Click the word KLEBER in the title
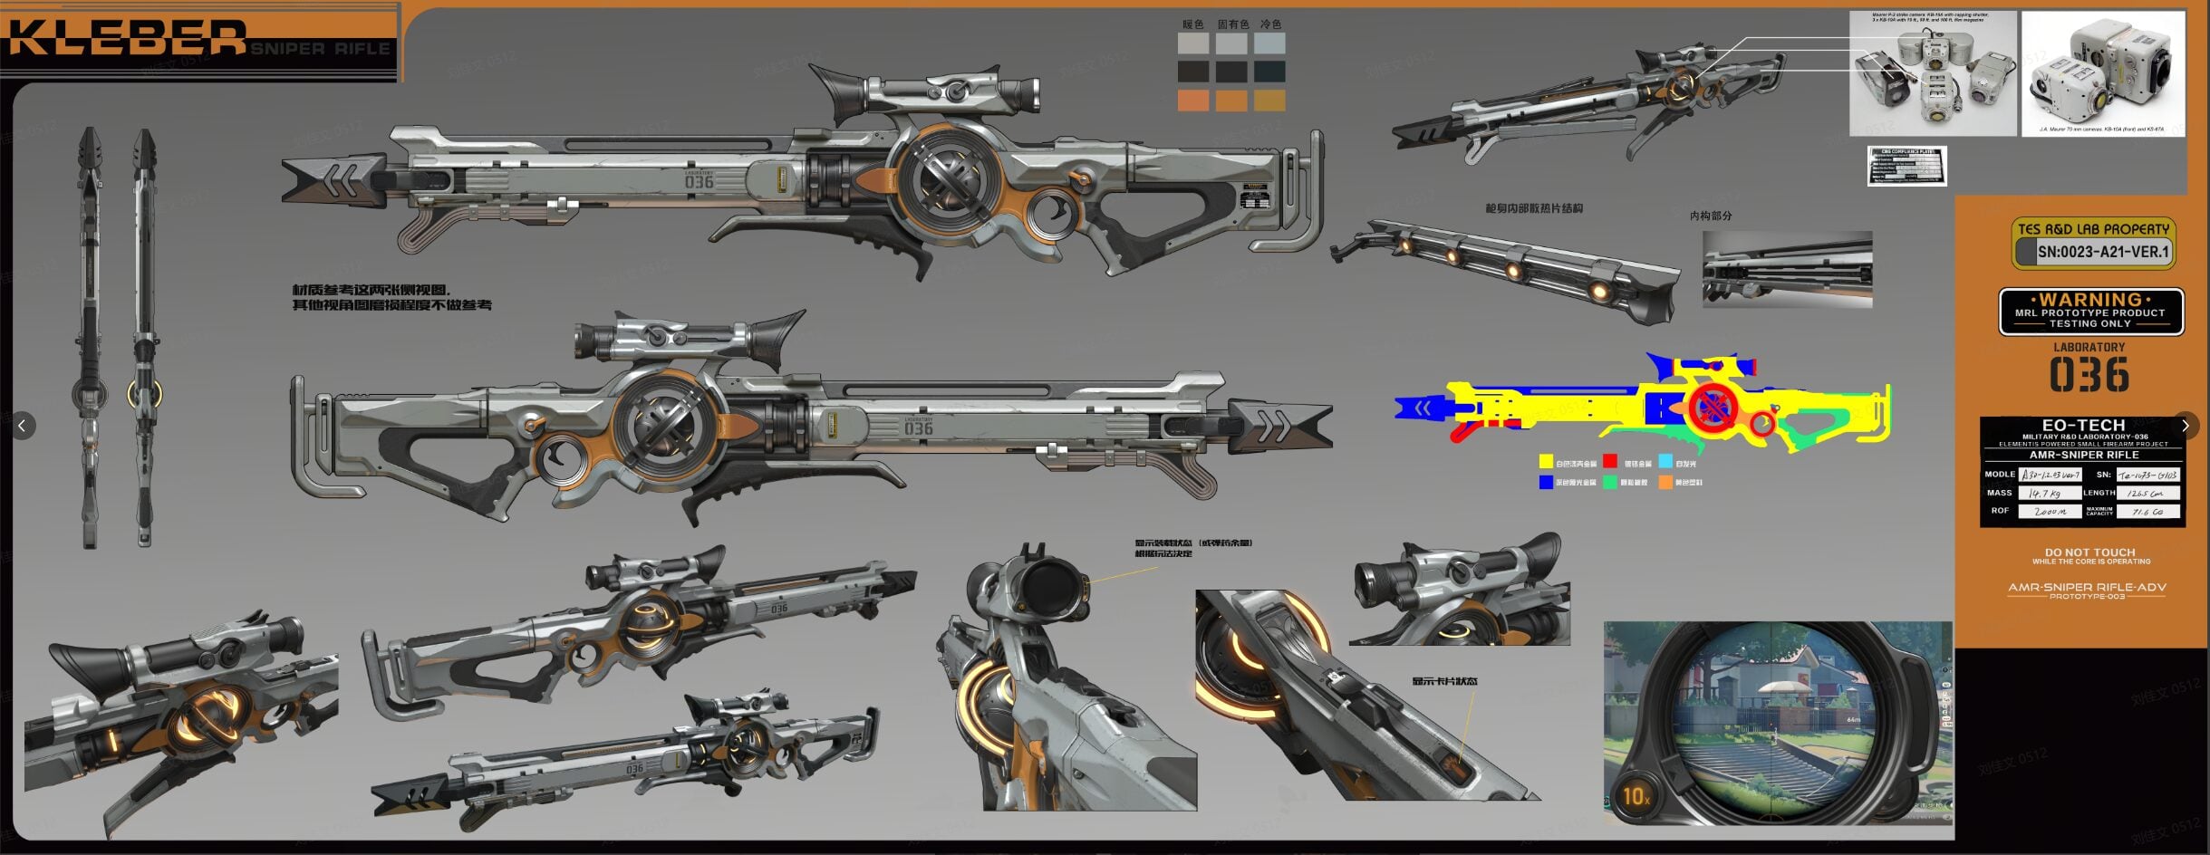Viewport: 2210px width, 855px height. [127, 39]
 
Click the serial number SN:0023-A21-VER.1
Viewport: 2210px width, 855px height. [2102, 252]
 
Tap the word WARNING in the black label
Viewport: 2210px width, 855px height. [2090, 300]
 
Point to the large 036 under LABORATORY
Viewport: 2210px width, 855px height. [2089, 375]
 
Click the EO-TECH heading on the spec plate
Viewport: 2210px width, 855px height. [2083, 425]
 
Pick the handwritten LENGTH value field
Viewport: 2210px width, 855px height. [2148, 494]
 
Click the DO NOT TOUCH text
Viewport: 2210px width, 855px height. [2089, 552]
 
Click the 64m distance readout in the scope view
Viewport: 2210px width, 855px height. [1853, 720]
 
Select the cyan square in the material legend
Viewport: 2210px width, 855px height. [1665, 462]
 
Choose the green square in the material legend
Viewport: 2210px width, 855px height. [1610, 482]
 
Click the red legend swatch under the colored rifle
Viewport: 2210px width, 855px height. [1610, 462]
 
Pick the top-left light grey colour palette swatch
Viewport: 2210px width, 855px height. [1192, 43]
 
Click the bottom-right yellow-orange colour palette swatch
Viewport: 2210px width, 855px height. [1269, 101]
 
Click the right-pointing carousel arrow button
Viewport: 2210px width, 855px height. [2186, 425]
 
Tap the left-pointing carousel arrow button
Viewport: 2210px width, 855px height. [23, 425]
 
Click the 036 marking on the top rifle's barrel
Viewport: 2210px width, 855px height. [699, 182]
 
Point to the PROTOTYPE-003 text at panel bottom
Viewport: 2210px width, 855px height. [2087, 597]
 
